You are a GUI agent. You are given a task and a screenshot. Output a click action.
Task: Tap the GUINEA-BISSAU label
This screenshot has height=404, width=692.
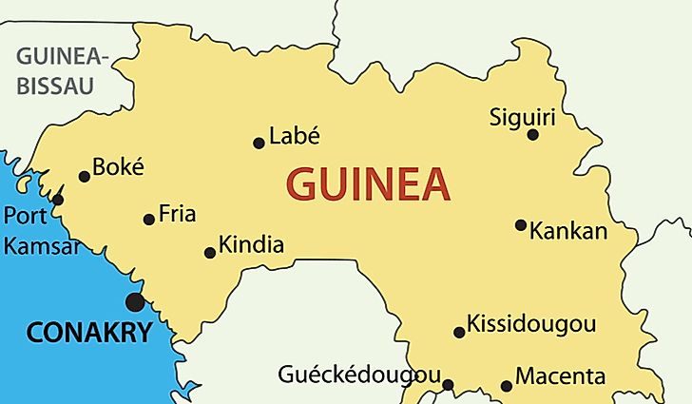point(62,70)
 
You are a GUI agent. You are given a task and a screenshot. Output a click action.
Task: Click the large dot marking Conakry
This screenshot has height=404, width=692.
point(135,302)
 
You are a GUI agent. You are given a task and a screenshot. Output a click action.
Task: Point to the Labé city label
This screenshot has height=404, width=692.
point(295,136)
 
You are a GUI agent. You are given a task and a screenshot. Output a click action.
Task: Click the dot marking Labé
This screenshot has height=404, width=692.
point(259,144)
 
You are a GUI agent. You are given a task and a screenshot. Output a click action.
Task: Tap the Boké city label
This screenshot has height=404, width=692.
point(120,167)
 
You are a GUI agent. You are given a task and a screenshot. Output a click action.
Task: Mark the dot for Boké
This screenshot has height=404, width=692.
point(85,176)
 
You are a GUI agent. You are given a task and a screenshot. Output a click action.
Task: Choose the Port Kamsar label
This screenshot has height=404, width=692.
point(40,231)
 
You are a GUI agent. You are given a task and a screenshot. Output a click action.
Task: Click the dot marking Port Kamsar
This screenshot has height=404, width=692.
point(58,200)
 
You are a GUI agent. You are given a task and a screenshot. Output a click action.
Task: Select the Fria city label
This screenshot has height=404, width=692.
point(177,213)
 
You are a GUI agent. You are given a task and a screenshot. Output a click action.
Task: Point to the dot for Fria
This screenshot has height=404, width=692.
point(149,220)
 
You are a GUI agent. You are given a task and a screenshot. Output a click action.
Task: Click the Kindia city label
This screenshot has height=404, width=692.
point(251,245)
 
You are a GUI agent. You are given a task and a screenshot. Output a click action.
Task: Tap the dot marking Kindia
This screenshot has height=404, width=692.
point(210,253)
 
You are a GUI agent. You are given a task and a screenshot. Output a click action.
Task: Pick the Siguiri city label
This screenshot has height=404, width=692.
point(522,118)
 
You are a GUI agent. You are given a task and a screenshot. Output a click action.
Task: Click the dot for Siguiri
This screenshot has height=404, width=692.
point(533,135)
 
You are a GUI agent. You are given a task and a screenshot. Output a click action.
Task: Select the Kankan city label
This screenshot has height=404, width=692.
point(568,231)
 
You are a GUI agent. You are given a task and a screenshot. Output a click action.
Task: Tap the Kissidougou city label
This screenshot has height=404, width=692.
point(531,324)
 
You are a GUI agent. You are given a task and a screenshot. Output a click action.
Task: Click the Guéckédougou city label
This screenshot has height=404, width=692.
point(359,374)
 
